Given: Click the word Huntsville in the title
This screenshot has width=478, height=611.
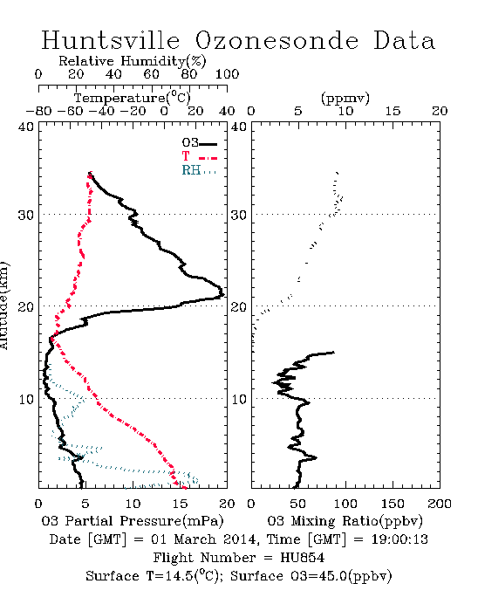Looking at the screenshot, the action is click(x=111, y=40).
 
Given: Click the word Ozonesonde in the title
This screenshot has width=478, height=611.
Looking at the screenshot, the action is click(x=277, y=40).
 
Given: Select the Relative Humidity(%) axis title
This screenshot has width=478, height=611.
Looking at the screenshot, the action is click(x=133, y=61).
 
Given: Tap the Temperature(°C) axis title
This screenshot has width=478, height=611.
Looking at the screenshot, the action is click(x=133, y=98).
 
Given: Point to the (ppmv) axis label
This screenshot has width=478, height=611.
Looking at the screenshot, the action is click(x=345, y=98).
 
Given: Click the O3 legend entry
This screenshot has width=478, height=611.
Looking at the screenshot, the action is click(x=199, y=143).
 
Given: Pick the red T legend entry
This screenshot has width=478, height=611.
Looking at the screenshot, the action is click(x=199, y=157).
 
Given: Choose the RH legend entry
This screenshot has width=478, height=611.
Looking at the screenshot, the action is click(x=199, y=170).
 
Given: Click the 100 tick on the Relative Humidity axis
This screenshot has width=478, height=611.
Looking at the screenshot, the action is click(x=228, y=74).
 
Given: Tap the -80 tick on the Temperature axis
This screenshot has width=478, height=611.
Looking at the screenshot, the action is click(x=38, y=112).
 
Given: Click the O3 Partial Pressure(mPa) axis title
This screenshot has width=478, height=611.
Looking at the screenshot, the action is click(x=133, y=521).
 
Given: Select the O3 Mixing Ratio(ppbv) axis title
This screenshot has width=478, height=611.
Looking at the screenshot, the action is click(x=345, y=521).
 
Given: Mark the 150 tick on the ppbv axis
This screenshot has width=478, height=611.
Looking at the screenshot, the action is click(x=393, y=504).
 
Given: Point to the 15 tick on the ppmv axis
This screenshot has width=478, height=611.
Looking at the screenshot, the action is click(x=393, y=112).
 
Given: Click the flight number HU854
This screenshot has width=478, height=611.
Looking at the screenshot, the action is click(x=303, y=558).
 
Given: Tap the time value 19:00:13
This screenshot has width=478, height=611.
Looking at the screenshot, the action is click(x=399, y=539).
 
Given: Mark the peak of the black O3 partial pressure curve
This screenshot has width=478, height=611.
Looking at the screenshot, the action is click(x=223, y=295).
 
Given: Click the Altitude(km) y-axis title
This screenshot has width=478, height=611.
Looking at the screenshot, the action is click(x=3, y=305).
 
